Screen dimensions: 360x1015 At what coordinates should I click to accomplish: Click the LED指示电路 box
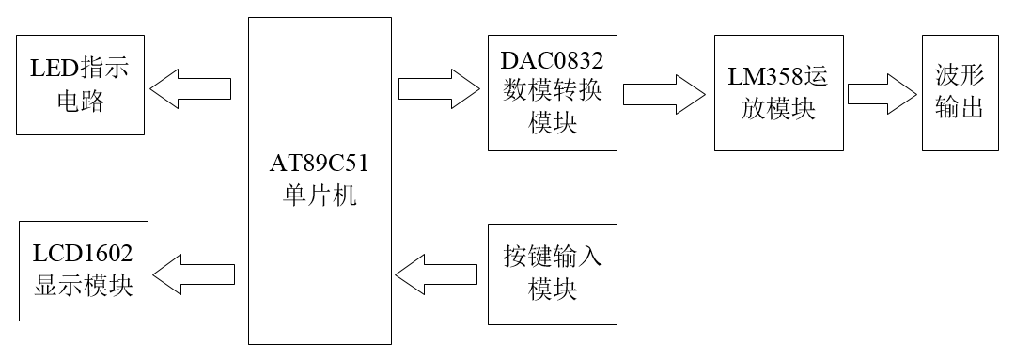coord(79,85)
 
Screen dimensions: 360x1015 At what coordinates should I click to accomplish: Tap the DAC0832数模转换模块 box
coord(553,92)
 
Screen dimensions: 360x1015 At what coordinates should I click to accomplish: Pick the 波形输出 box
coord(960,91)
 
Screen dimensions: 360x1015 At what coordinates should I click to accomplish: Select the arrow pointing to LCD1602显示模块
coord(194,275)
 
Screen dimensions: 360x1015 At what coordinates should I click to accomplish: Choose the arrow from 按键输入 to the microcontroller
coord(437,274)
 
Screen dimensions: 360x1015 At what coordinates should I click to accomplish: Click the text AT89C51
coord(319,167)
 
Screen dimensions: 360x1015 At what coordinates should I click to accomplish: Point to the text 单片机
coord(319,197)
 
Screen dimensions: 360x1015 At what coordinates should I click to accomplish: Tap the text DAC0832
coord(553,61)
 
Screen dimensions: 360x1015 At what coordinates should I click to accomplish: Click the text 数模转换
coord(553,92)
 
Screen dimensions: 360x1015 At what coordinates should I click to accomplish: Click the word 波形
coord(960,75)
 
